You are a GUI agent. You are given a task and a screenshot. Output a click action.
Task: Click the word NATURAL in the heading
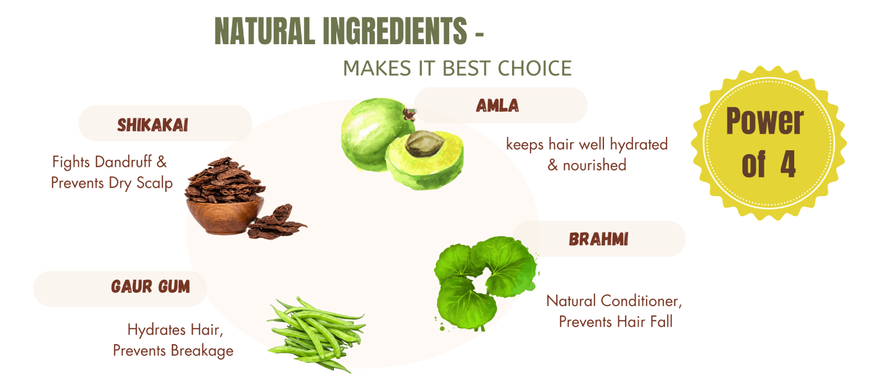(265, 31)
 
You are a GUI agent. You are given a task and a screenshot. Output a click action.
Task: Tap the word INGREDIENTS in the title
(395, 31)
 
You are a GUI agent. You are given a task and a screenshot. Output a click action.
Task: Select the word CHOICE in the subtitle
(534, 69)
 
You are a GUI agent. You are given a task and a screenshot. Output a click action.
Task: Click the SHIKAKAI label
(153, 125)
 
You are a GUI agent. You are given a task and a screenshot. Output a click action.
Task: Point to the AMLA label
(497, 106)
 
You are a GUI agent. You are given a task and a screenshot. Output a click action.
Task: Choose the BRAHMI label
(598, 239)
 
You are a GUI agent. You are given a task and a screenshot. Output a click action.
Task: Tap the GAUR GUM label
(150, 287)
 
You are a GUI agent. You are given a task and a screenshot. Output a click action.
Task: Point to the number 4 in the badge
(788, 164)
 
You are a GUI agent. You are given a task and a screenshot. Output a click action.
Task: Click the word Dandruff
(123, 162)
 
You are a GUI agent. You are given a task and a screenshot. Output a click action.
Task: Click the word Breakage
(202, 351)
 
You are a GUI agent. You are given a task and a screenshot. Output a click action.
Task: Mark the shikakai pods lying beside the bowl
(277, 223)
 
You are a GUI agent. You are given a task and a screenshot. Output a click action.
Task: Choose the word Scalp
(154, 183)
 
